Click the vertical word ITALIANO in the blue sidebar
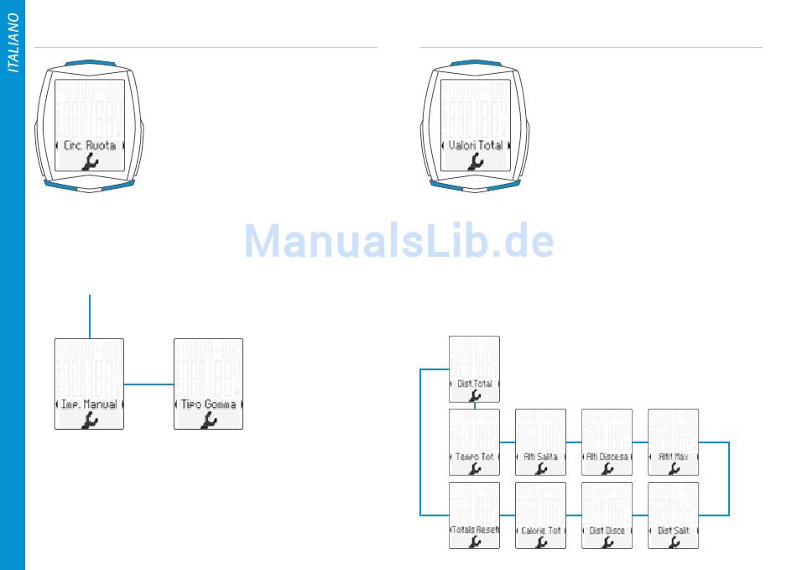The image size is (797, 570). (x=13, y=43)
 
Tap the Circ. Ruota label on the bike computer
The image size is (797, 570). (x=89, y=145)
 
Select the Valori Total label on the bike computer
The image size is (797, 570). (x=475, y=145)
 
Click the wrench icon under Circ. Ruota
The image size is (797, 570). (x=89, y=163)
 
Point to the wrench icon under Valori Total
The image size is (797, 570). (x=475, y=163)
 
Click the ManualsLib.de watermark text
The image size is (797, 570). (x=398, y=242)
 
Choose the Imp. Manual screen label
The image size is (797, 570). (x=89, y=405)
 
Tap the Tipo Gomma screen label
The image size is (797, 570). (x=208, y=405)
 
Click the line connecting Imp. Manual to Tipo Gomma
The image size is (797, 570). (x=148, y=384)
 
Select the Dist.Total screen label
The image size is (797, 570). (x=475, y=384)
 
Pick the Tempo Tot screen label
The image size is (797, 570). (x=475, y=457)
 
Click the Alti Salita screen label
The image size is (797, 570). (x=541, y=457)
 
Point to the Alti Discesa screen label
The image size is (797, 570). (x=607, y=457)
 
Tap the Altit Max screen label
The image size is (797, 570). (x=674, y=457)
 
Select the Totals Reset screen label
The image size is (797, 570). (x=475, y=531)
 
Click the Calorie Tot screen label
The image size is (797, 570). (x=541, y=531)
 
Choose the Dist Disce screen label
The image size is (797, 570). (x=607, y=531)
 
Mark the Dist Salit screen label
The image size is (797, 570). (x=674, y=531)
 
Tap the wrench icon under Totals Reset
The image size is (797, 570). (x=475, y=542)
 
